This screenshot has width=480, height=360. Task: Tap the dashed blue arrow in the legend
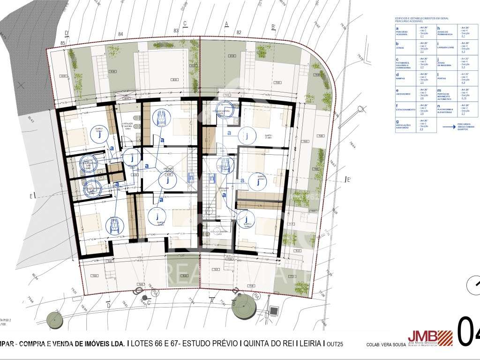click(x=445, y=126)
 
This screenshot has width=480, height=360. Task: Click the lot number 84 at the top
click(x=120, y=34)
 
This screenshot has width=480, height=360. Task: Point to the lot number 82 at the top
click(x=239, y=32)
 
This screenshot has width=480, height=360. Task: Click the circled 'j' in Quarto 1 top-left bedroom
click(x=99, y=135)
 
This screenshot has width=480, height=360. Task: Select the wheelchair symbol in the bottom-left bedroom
click(x=114, y=225)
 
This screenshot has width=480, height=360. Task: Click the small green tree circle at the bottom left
click(x=56, y=320)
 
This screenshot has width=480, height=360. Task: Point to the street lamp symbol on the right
click(x=360, y=109)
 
